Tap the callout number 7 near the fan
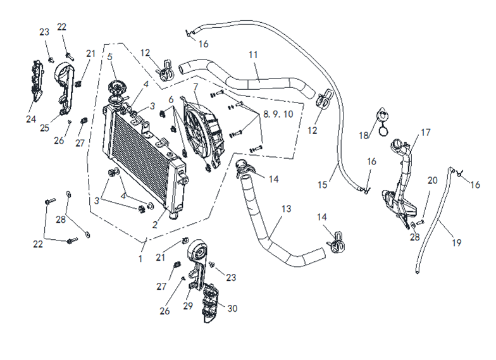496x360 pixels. point(195,87)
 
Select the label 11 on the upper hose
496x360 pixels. point(253,55)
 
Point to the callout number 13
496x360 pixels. point(287,209)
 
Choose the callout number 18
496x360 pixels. point(364,135)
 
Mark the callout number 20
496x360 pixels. point(433,180)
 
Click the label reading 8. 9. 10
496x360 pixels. point(279,115)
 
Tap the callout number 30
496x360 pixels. point(232,309)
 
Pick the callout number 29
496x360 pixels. point(189,306)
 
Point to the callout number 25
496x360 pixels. point(44,128)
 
